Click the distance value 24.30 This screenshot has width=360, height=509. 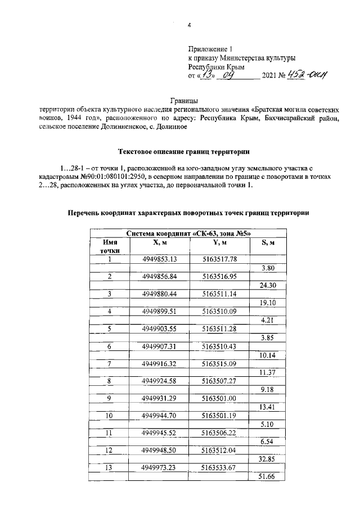tap(267, 285)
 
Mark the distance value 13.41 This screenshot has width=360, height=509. tap(267, 407)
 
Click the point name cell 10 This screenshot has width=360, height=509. tap(110, 416)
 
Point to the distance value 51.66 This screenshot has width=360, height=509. tap(267, 477)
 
